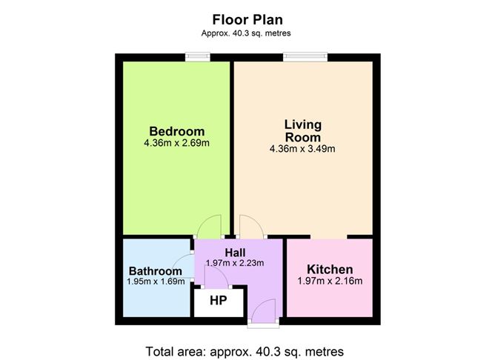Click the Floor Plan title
[x=247, y=19]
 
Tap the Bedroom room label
[x=177, y=131]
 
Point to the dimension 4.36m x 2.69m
[x=176, y=143]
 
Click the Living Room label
[x=303, y=130]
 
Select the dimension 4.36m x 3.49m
[x=302, y=149]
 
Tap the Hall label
[x=235, y=253]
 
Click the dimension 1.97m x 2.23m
[x=235, y=263]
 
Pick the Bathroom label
[x=156, y=271]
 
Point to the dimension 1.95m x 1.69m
[x=156, y=281]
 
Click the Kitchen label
[x=330, y=269]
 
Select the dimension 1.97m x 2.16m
[x=330, y=281]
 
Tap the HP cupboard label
[x=219, y=301]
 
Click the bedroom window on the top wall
[x=198, y=57]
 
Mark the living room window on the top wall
[x=305, y=57]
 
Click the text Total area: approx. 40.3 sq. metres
[x=245, y=351]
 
